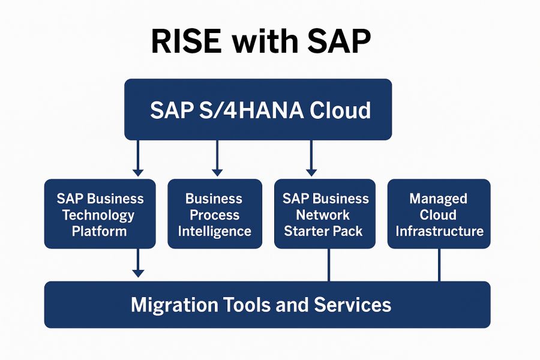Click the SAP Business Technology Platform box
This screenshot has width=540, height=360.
tap(100, 214)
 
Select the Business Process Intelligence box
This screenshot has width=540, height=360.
tap(214, 214)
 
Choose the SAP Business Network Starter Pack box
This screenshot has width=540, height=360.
tap(325, 214)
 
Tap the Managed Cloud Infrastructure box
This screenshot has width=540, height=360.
tap(439, 214)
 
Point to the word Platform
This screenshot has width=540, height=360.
tap(100, 231)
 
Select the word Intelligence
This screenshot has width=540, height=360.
tap(214, 231)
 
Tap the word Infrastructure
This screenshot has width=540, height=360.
tap(439, 231)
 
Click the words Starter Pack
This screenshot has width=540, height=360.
tap(324, 231)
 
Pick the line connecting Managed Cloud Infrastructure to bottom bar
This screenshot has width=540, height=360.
tap(439, 265)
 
